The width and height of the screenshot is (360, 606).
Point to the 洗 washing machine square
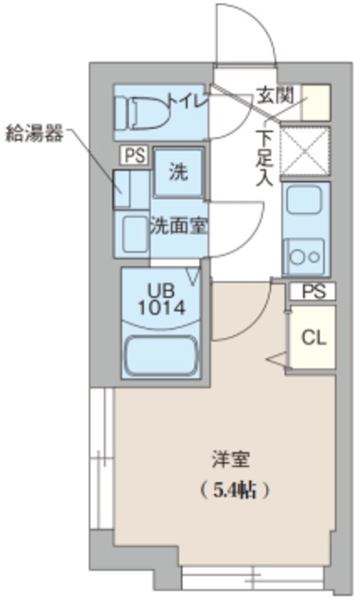click(178, 172)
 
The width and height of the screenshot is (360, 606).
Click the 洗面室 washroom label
click(180, 227)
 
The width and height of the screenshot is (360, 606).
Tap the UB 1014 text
click(159, 299)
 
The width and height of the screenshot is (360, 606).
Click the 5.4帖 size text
click(236, 490)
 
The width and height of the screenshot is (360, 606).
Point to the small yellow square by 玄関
click(316, 101)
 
